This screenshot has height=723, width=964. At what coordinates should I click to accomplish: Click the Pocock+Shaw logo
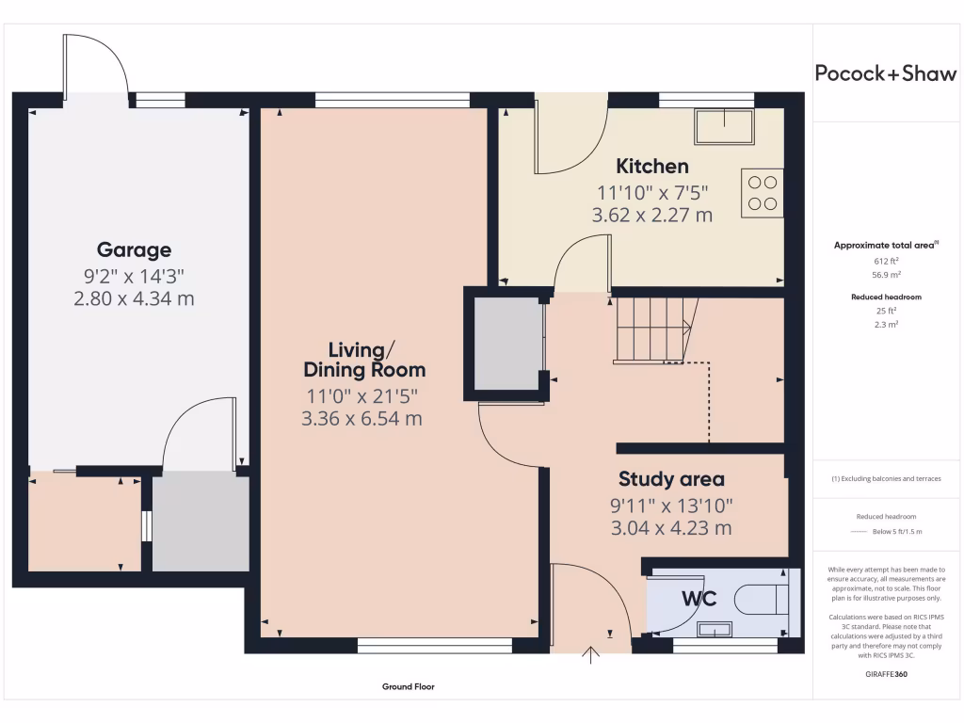click(x=885, y=74)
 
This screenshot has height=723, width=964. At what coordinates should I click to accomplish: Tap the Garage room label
click(x=134, y=249)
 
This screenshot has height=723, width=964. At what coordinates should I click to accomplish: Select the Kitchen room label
click(x=651, y=167)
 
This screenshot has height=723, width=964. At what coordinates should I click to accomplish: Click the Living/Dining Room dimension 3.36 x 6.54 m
click(x=361, y=419)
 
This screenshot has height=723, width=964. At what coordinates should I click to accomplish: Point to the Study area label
click(x=671, y=479)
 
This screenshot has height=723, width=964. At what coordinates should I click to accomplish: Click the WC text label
click(x=699, y=599)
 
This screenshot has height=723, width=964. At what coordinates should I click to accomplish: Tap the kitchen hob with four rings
click(x=763, y=192)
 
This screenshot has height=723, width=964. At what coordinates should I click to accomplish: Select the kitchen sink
click(x=724, y=127)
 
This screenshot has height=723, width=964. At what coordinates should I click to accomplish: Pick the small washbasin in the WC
click(x=714, y=629)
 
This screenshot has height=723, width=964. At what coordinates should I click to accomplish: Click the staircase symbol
click(x=652, y=329)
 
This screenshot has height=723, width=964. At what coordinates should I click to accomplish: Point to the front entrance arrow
click(x=592, y=655)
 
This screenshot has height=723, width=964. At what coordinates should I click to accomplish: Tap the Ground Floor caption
click(x=409, y=687)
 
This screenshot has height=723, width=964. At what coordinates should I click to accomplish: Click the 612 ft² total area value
click(x=885, y=261)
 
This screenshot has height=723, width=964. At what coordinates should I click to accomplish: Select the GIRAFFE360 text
click(x=885, y=675)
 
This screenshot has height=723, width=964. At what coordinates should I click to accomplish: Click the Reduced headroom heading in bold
click(x=885, y=297)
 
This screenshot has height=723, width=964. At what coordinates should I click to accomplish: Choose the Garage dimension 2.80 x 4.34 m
click(x=134, y=298)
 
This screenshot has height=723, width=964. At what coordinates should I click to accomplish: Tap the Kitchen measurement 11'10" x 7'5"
click(x=651, y=192)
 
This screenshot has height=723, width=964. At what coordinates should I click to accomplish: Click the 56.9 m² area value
click(x=885, y=274)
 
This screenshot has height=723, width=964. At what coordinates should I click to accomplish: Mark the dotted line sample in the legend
click(x=857, y=532)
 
